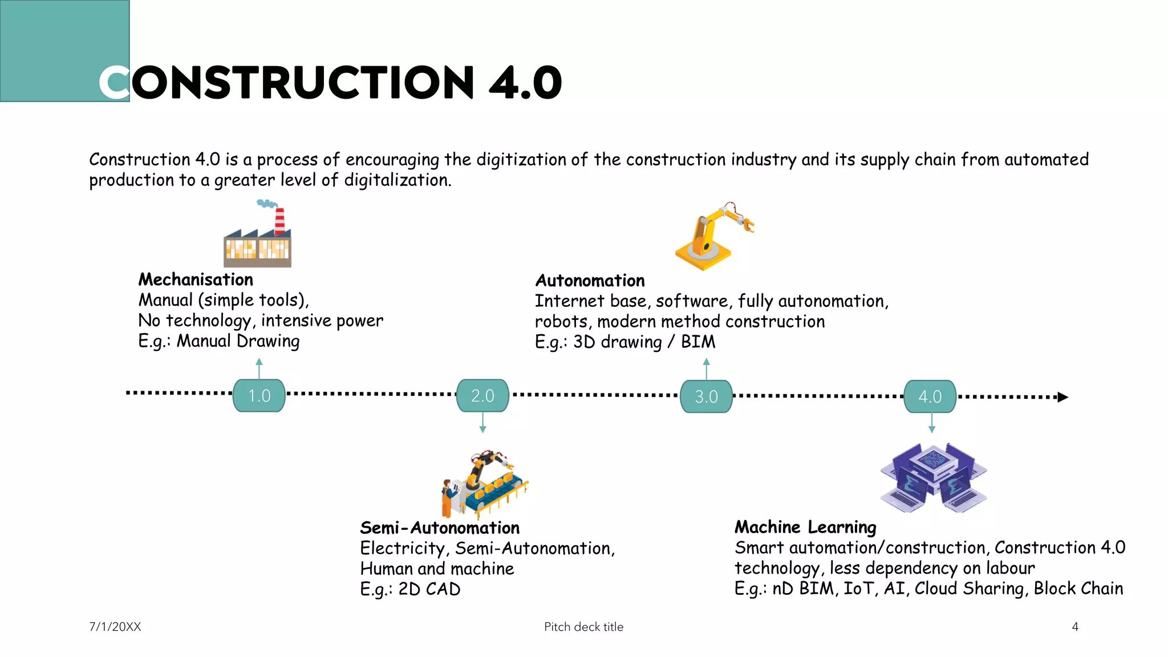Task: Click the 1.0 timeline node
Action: click(x=259, y=396)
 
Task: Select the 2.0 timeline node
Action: click(x=482, y=396)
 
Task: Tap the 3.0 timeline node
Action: click(x=706, y=396)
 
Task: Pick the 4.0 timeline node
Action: click(x=930, y=396)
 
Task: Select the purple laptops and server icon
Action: click(x=933, y=478)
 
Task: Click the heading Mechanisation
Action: click(x=196, y=279)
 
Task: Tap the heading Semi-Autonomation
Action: click(x=440, y=528)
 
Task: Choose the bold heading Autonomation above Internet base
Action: click(x=590, y=281)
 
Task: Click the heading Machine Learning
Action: click(x=805, y=527)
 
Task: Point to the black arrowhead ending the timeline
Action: click(x=1062, y=397)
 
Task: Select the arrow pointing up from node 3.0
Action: click(x=706, y=368)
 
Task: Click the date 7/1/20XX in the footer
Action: click(x=115, y=627)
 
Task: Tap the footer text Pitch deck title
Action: click(x=583, y=627)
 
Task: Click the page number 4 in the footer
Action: click(x=1075, y=627)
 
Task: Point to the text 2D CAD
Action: click(x=429, y=589)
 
